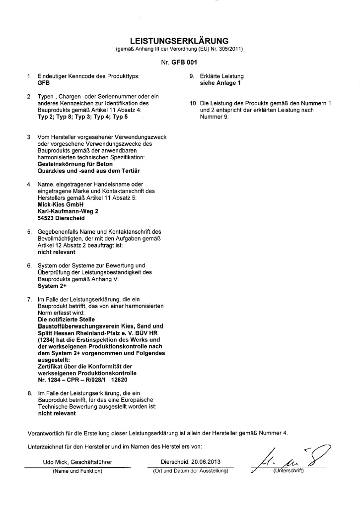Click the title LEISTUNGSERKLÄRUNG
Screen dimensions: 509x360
click(x=179, y=40)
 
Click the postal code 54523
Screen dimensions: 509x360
click(x=47, y=217)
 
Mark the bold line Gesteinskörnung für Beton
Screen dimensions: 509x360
click(x=75, y=163)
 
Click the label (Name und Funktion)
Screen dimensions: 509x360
click(x=77, y=470)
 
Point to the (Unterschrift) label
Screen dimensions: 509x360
click(x=288, y=470)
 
